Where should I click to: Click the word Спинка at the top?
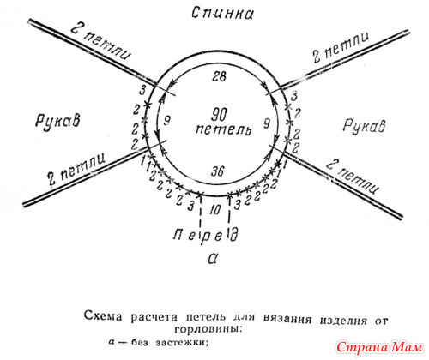222,14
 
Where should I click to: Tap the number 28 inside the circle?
219,76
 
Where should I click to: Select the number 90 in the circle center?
220,115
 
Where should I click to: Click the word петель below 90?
223,129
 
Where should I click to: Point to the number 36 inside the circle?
217,171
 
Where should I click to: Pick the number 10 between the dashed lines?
215,210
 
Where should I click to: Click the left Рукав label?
57,121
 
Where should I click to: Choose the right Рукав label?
364,126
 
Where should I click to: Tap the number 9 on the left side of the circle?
167,120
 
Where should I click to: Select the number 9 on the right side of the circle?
267,123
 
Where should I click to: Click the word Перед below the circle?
206,235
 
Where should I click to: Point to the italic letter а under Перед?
213,259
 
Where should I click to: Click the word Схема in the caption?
103,316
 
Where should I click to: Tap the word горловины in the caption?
208,328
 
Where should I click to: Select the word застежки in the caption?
181,342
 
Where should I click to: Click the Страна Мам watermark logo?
379,347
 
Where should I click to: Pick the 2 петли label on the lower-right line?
353,177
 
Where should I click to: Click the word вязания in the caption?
287,318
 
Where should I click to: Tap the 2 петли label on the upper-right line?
341,47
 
